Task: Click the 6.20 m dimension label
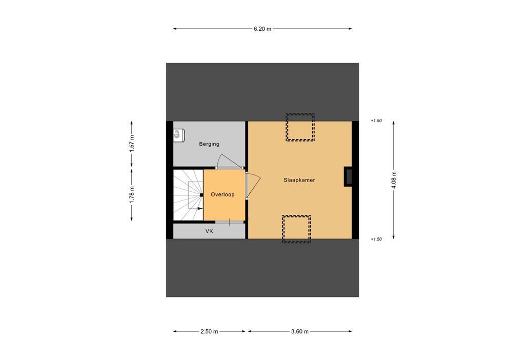click(262, 29)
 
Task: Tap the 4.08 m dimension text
click(393, 180)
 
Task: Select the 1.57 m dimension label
click(132, 144)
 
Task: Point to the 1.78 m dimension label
click(132, 195)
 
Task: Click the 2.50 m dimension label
click(209, 332)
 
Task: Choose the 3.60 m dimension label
click(299, 332)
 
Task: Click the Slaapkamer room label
click(299, 180)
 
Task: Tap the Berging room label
click(209, 144)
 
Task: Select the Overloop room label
click(224, 195)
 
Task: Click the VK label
click(209, 231)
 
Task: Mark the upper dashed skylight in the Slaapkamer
click(300, 127)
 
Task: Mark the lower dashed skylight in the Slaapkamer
click(296, 229)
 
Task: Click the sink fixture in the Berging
click(177, 135)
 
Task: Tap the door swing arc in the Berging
click(226, 161)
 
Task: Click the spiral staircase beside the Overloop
click(188, 195)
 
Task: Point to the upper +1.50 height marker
click(376, 121)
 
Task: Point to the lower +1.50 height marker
click(376, 239)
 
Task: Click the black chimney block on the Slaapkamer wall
click(348, 176)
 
